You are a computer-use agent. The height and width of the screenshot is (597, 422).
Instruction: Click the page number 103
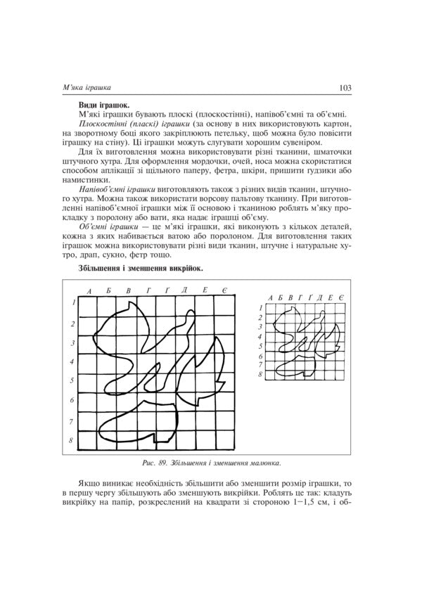point(345,88)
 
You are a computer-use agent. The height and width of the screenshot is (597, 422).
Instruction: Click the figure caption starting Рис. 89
point(210,463)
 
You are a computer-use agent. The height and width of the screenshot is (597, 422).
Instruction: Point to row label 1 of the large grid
point(72,303)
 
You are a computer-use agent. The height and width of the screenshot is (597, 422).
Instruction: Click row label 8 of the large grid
point(72,441)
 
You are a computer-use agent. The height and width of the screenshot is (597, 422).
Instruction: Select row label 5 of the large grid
point(72,380)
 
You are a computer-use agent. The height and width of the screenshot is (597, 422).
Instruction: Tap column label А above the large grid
point(89,290)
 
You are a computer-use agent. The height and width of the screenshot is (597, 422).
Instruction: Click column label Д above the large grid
point(184,290)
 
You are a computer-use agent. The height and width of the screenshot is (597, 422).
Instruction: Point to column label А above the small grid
point(270,299)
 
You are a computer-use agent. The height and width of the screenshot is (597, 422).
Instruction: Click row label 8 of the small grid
point(260,375)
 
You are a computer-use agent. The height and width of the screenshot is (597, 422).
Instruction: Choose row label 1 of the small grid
point(260,308)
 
